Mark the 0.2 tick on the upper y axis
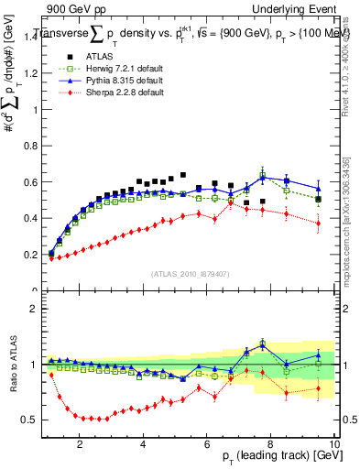(35, 254)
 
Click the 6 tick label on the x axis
(207, 443)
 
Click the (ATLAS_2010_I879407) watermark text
(191, 272)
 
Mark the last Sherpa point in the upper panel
(318, 223)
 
